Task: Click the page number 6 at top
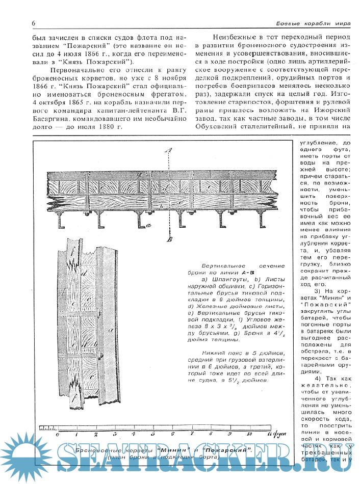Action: (33, 23)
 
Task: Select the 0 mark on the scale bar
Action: (58, 434)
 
